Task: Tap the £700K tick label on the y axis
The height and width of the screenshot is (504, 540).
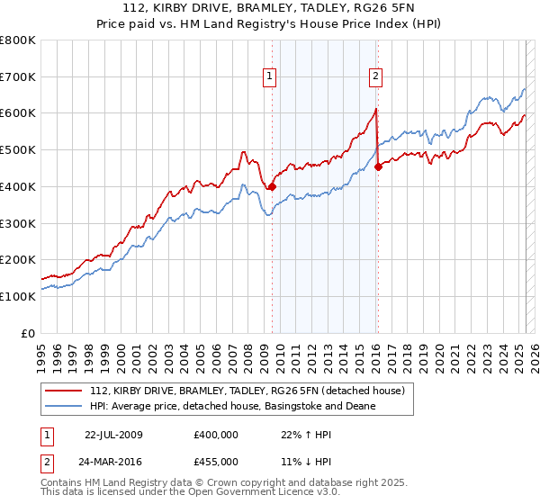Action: point(18,77)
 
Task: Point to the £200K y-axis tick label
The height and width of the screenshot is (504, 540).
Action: point(18,260)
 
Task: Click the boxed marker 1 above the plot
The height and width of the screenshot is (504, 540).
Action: point(270,76)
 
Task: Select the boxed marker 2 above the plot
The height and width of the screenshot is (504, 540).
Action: point(374,76)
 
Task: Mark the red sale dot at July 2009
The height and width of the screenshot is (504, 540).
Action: point(272,187)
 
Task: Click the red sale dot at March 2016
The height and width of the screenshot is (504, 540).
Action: point(378,166)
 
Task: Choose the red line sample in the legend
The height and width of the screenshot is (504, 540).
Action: point(65,391)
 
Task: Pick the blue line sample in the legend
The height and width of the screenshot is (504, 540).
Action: point(65,406)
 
